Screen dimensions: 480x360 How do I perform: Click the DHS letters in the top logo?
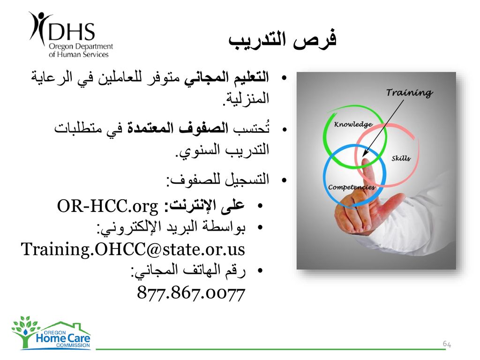click(x=72, y=31)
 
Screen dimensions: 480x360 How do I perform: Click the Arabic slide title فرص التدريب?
click(x=282, y=40)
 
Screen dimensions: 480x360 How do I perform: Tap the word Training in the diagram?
click(x=409, y=92)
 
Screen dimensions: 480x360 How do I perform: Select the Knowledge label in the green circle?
click(x=353, y=124)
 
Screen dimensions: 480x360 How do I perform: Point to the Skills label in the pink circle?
click(x=401, y=158)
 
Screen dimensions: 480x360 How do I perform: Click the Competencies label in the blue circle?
click(x=352, y=187)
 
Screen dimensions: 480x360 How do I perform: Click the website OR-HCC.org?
click(x=107, y=206)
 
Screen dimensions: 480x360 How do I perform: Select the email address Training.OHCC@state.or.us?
click(x=133, y=248)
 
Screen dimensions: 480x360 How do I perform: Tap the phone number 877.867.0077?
click(x=191, y=292)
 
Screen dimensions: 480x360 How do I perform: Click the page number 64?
click(x=447, y=344)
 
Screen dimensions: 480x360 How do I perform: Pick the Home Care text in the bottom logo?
click(x=63, y=338)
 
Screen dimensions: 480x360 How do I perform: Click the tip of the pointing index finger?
click(x=365, y=160)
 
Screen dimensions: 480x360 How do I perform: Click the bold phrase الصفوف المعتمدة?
click(x=178, y=128)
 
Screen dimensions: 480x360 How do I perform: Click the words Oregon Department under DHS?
click(x=81, y=46)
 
